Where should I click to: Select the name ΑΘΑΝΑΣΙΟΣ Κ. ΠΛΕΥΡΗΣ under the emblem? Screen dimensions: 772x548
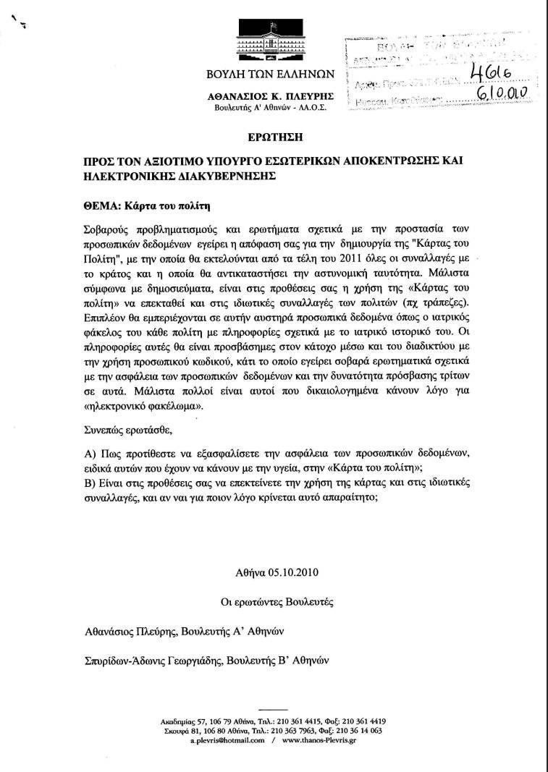tap(269, 96)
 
